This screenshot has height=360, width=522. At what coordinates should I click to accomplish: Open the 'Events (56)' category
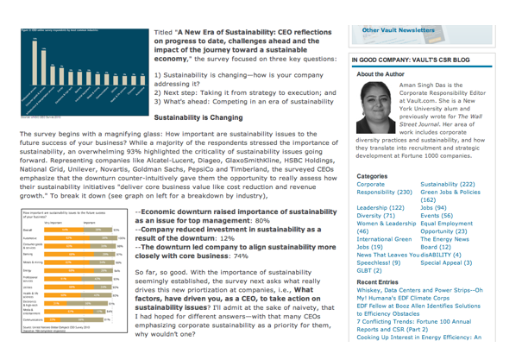(x=439, y=219)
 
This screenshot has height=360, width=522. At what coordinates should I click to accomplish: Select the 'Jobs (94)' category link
(x=435, y=207)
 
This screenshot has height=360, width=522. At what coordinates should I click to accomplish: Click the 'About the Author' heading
(x=384, y=75)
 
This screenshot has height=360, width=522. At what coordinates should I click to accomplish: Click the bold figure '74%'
(x=235, y=256)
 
